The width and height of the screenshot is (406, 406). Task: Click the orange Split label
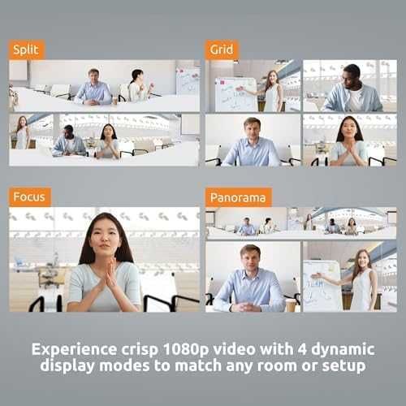26,50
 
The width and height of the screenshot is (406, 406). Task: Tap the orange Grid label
222,50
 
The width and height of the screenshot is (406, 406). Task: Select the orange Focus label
29,197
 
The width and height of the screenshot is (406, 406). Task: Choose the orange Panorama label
238,197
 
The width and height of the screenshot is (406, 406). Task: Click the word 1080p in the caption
186,350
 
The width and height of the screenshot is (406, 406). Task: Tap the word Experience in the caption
75,350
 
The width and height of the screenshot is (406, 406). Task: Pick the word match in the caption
198,366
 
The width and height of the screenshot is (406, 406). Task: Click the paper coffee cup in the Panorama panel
291,305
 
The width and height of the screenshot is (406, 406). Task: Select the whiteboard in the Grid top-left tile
235,94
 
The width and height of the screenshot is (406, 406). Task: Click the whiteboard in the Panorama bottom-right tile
322,286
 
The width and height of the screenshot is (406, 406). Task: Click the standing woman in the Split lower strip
23,132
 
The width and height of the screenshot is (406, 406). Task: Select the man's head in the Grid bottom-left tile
252,128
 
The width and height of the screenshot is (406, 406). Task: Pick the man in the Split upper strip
93,87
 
